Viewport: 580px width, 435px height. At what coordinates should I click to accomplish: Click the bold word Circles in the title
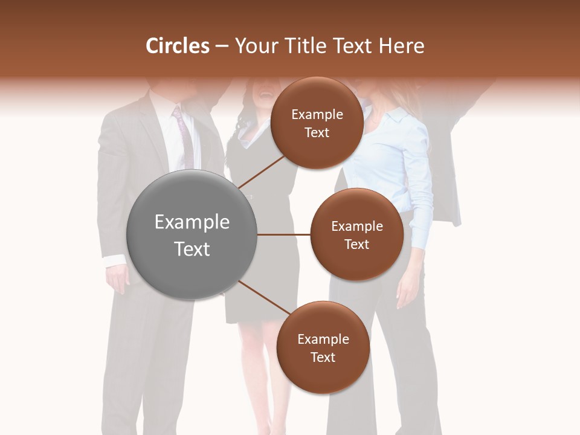click(177, 46)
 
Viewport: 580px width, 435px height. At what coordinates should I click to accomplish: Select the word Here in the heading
click(401, 46)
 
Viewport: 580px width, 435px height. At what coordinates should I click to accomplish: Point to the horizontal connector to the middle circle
click(284, 234)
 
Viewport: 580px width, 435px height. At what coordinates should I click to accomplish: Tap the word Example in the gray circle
click(192, 222)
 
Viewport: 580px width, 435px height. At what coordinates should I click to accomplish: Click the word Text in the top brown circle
click(317, 133)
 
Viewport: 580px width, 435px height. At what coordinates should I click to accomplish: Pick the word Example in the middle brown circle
click(356, 227)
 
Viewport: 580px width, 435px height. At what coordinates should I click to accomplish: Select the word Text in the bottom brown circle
click(323, 358)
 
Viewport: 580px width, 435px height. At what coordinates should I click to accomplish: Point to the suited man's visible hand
click(117, 279)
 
